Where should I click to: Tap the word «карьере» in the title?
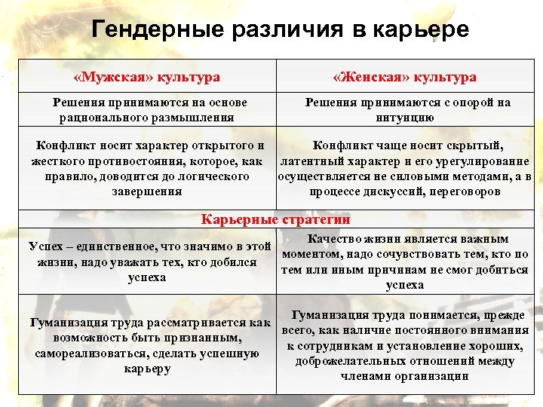point(422,30)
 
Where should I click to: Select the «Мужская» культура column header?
point(147,78)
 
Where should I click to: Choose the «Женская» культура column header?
point(406,78)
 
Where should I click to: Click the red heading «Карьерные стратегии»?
point(275,220)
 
